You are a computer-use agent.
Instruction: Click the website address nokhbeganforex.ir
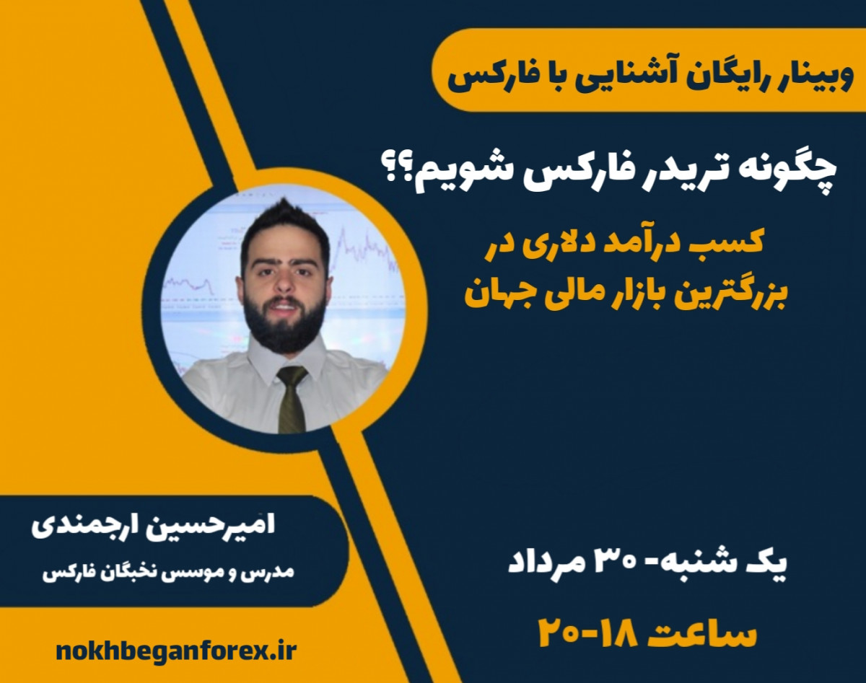(176, 651)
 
